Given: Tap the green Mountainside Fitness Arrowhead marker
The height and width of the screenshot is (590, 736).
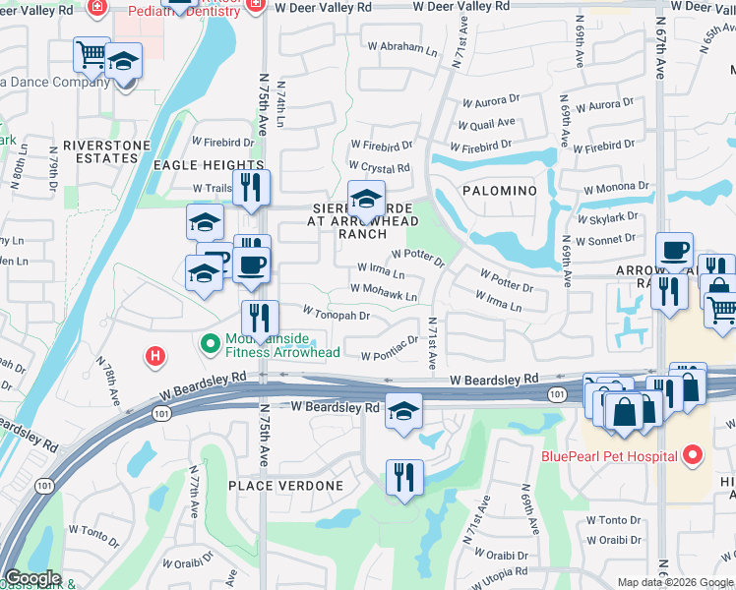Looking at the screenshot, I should pyautogui.click(x=209, y=343).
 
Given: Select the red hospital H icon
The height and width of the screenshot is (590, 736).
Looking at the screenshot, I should pyautogui.click(x=154, y=356).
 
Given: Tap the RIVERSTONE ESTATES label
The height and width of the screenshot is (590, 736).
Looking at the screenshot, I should pyautogui.click(x=99, y=151).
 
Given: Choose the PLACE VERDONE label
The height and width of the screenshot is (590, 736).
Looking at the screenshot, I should pyautogui.click(x=285, y=486).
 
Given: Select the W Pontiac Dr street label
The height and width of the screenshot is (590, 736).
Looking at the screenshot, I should pyautogui.click(x=397, y=355).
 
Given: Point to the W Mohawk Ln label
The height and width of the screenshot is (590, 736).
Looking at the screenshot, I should pyautogui.click(x=384, y=292).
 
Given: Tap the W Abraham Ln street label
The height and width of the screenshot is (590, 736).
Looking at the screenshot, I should pyautogui.click(x=403, y=48).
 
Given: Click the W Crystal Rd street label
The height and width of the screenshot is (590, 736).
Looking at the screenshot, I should pyautogui.click(x=379, y=168).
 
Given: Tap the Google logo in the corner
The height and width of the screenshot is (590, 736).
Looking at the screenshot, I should pyautogui.click(x=31, y=578).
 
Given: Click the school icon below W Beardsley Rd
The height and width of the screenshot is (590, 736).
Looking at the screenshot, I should pyautogui.click(x=403, y=411).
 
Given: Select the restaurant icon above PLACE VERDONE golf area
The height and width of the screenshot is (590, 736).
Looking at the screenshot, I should pyautogui.click(x=403, y=478).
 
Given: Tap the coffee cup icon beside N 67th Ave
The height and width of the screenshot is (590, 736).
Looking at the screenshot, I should pyautogui.click(x=674, y=250).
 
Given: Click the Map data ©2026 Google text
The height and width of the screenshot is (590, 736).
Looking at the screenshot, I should pyautogui.click(x=674, y=582).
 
